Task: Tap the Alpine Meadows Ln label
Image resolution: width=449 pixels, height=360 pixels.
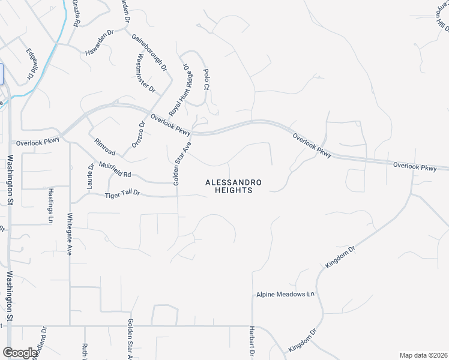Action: tap(285, 295)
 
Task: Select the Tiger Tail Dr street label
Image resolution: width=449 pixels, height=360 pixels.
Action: tap(122, 194)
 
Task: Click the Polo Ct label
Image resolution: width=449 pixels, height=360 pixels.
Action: tap(206, 79)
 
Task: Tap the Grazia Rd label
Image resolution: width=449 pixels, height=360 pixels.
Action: tap(76, 13)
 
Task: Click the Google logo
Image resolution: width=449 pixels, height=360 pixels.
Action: tap(20, 353)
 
